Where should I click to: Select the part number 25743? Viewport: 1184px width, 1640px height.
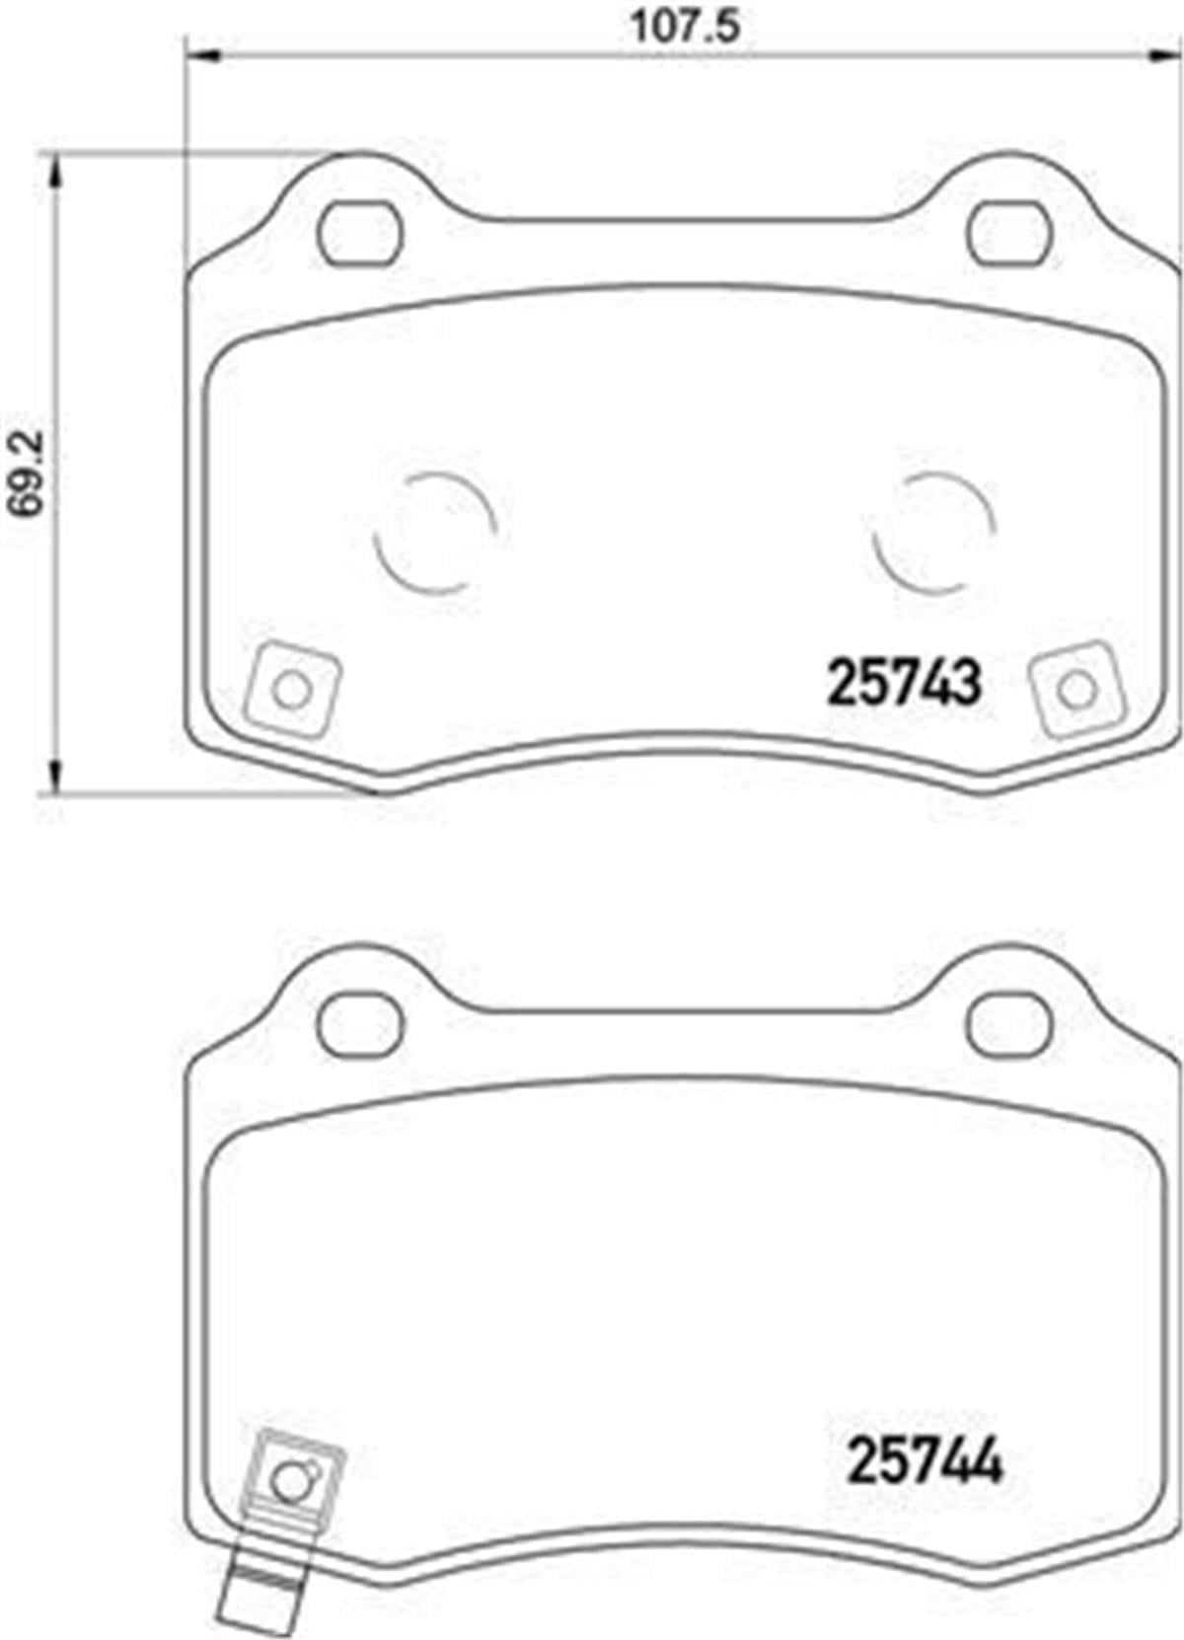point(905,684)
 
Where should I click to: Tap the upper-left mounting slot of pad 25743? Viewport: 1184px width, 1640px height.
point(360,234)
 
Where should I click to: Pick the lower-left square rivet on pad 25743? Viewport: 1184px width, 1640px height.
point(292,690)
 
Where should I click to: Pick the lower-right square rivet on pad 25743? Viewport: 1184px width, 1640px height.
point(1077,689)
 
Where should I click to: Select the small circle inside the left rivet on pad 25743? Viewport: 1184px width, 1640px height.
point(292,691)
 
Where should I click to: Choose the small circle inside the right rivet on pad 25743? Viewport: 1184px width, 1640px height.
point(1077,690)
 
